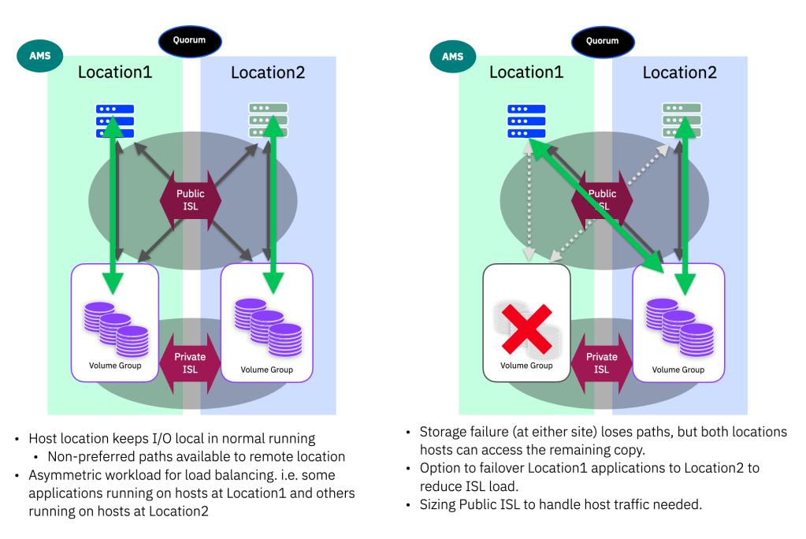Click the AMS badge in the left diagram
[x=40, y=58]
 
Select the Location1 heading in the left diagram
[x=115, y=73]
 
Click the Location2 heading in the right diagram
[x=679, y=73]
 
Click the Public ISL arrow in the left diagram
[x=191, y=200]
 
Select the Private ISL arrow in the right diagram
[x=602, y=363]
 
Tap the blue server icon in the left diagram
[x=115, y=121]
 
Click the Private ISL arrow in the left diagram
[x=191, y=363]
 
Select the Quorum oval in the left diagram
[x=190, y=41]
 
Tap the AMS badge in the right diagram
[x=452, y=58]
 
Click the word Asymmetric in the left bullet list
[x=64, y=475]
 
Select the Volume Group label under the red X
[x=526, y=365]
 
